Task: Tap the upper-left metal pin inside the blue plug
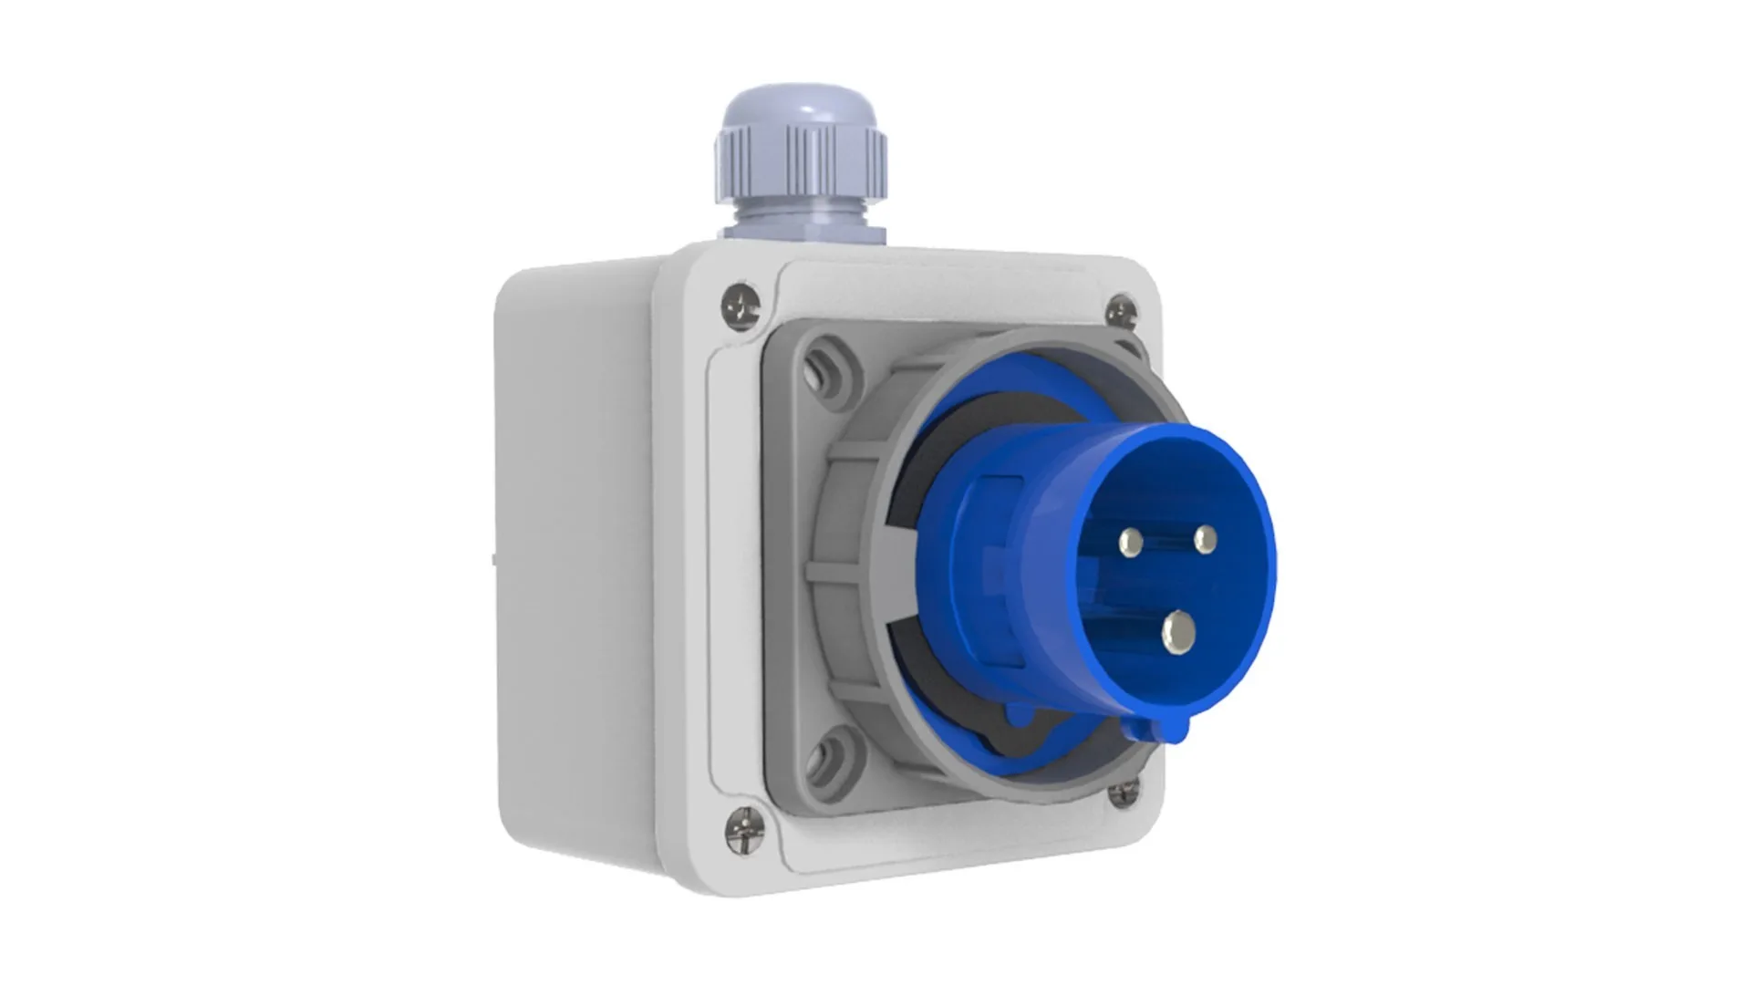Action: [1134, 544]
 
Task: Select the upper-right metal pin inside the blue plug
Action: [1206, 540]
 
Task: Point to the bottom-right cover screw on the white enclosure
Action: [1122, 795]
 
